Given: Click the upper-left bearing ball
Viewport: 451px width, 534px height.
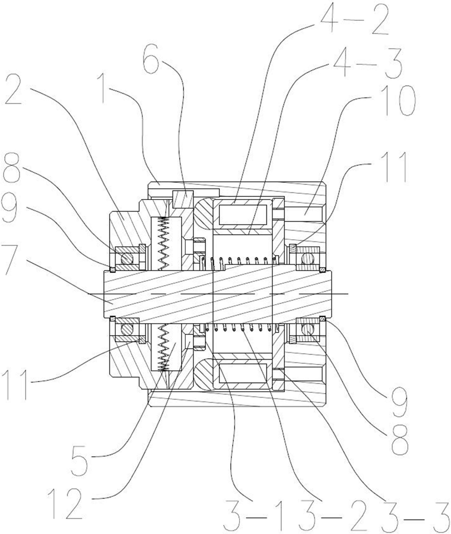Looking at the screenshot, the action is coord(127,259).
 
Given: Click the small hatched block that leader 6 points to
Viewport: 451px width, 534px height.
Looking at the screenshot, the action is coord(183,199).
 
